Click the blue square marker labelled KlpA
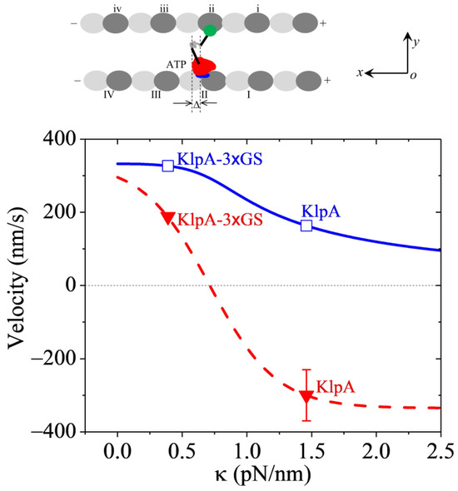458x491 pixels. tap(306, 226)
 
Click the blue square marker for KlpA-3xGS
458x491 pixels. tap(168, 166)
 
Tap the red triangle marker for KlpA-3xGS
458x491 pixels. tap(168, 218)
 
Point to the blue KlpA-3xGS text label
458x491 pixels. tap(217, 158)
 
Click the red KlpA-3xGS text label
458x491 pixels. tap(220, 218)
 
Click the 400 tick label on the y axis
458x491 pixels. tap(81, 139)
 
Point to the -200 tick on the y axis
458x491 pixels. tap(77, 359)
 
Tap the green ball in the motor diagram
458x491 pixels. tap(210, 31)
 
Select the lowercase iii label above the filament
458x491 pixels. tap(163, 7)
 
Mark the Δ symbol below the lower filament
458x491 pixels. tap(196, 106)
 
